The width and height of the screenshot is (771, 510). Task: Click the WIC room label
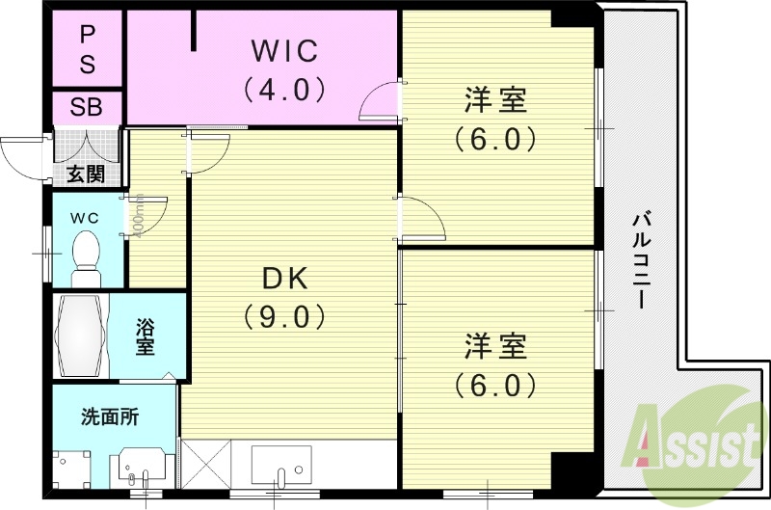coord(284,48)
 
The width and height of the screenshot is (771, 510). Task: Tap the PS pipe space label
coord(87,49)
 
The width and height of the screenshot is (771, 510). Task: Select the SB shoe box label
coord(87,107)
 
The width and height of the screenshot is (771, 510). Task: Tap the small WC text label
coord(85,217)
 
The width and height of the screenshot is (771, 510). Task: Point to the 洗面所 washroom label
coord(109,417)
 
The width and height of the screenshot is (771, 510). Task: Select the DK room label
coord(285,280)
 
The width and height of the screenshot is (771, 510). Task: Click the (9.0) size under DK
coord(285,316)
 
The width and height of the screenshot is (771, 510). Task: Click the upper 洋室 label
coord(495,99)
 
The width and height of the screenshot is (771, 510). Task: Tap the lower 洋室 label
coord(495,344)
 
